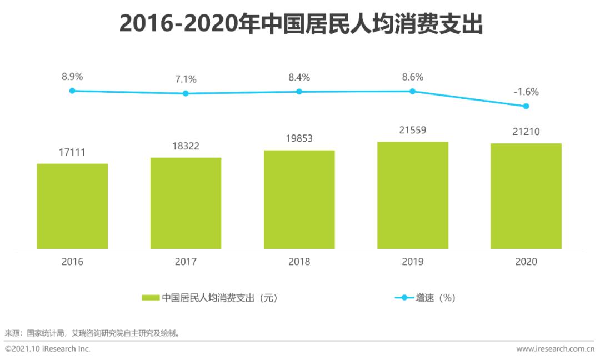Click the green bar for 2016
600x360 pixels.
[72, 206]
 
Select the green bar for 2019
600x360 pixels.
[413, 195]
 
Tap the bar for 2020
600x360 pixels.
[526, 196]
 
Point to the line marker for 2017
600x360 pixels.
[186, 93]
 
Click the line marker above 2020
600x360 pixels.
[526, 106]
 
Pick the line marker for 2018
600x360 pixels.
[299, 92]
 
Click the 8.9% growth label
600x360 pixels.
[72, 77]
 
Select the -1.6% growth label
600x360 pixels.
[526, 92]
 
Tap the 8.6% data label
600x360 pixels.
[412, 77]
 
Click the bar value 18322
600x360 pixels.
[186, 146]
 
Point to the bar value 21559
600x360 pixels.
[412, 131]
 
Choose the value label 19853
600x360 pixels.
[299, 138]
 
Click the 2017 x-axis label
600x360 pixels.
[186, 262]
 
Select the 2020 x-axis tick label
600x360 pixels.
[526, 262]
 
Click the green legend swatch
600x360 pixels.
[151, 298]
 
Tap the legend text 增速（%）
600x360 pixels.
[436, 298]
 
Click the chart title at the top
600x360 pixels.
[300, 24]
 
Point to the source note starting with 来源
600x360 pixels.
[92, 333]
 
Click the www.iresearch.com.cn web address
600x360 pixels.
[555, 349]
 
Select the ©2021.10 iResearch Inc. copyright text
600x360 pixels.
[48, 349]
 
